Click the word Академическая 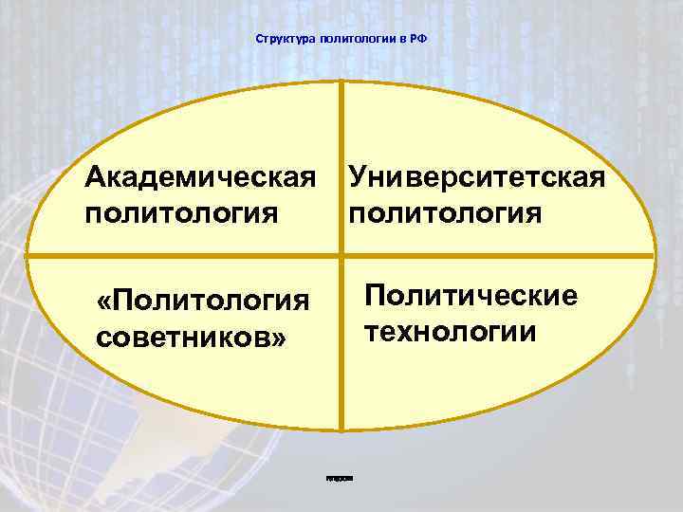pos(200,176)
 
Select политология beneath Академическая pos(181,210)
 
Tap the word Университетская pos(476,176)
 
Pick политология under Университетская pos(445,210)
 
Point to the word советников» pos(191,338)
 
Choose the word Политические pos(471,297)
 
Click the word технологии pos(450,331)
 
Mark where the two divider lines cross pos(341,257)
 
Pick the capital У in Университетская pos(358,176)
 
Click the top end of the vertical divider pos(341,85)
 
